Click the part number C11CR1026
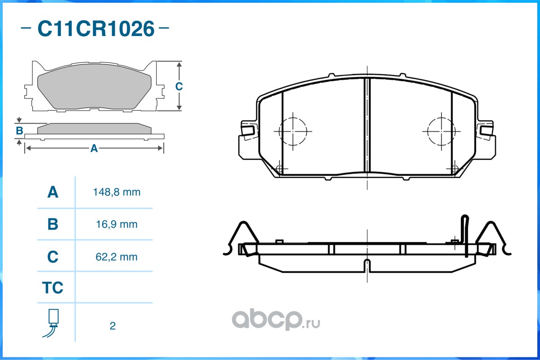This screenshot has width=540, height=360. click(x=96, y=28)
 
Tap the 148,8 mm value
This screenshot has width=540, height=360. click(x=117, y=192)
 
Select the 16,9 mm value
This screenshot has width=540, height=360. click(x=117, y=225)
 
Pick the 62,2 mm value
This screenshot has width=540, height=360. click(x=116, y=257)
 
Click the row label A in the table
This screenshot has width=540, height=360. click(x=53, y=192)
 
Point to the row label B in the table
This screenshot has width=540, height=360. click(x=53, y=225)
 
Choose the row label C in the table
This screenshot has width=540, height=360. click(x=53, y=257)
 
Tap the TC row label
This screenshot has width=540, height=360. click(x=53, y=288)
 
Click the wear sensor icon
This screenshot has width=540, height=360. click(x=52, y=323)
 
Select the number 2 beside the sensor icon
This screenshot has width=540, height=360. click(x=113, y=326)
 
